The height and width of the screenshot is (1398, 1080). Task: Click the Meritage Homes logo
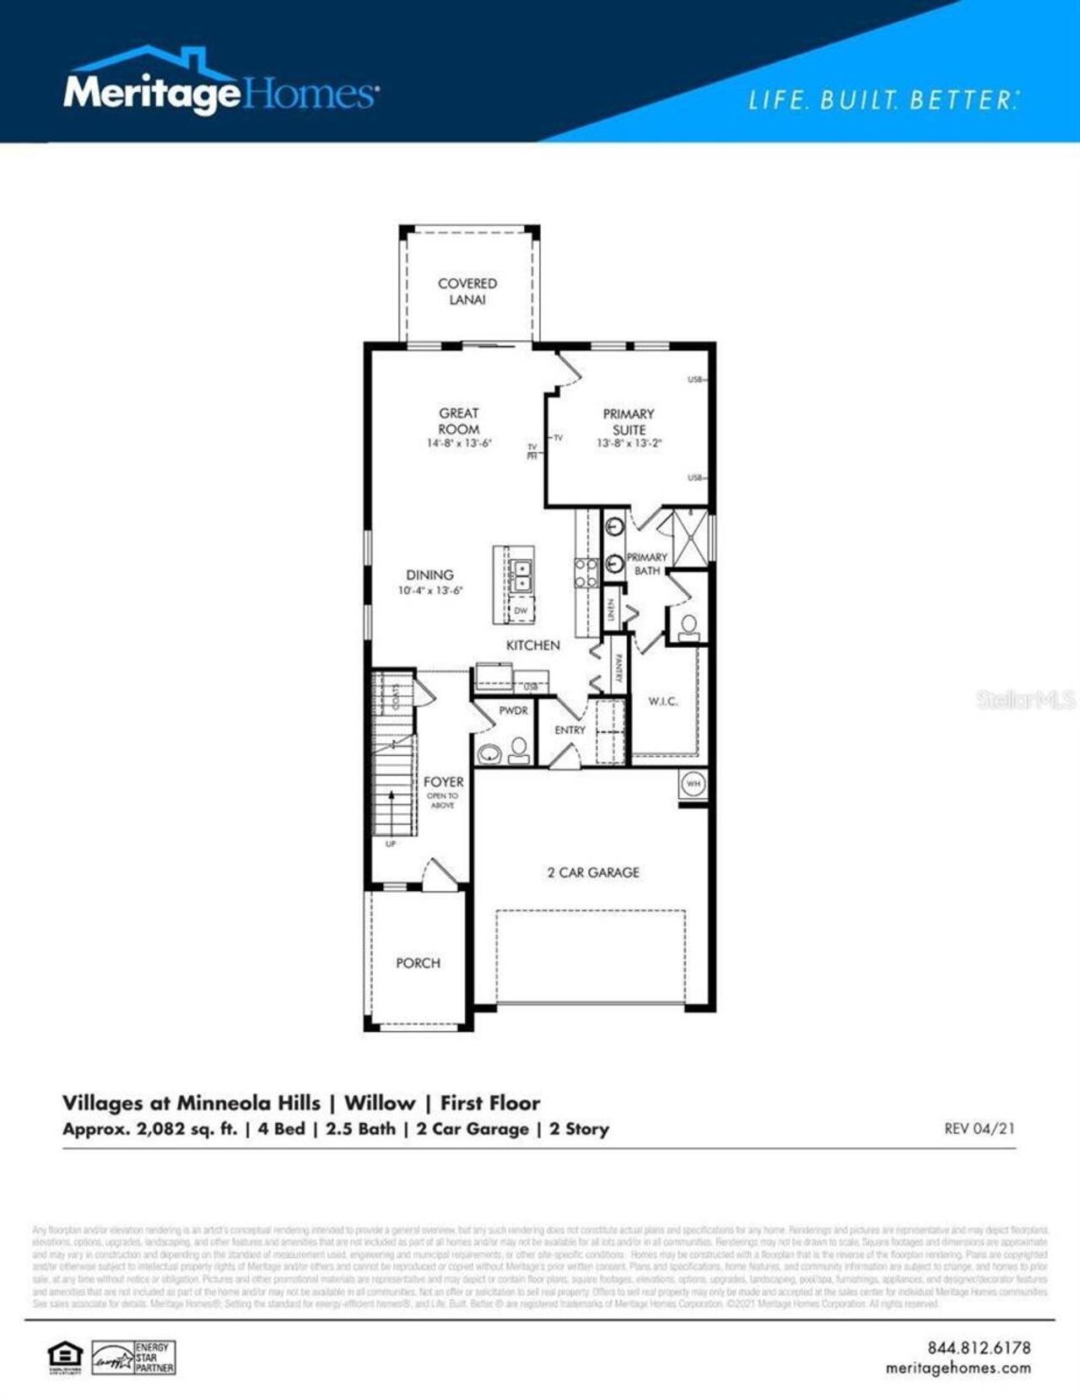[221, 84]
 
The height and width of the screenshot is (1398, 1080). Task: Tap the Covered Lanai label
[467, 291]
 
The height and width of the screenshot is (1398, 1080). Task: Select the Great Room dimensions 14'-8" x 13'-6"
[459, 443]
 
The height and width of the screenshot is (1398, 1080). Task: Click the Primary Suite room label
[629, 421]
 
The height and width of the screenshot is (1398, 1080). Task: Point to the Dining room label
[429, 575]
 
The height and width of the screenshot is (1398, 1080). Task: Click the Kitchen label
[532, 645]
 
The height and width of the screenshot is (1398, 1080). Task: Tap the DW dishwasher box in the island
[521, 610]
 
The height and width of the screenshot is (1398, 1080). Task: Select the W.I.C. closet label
[662, 701]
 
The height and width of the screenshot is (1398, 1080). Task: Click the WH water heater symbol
[693, 784]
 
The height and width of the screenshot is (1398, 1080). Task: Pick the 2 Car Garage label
[593, 872]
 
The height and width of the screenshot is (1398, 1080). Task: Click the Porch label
[418, 963]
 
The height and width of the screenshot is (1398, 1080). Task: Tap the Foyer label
[443, 782]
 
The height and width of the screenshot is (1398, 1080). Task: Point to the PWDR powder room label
[513, 710]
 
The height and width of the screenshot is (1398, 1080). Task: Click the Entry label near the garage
[570, 730]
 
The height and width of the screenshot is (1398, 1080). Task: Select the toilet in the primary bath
[688, 626]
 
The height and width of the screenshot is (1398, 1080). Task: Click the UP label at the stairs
[391, 844]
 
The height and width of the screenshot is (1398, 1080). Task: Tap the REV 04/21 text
[979, 1129]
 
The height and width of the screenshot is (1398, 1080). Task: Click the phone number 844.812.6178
[979, 1348]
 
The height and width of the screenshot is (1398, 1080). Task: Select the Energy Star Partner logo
[133, 1358]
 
